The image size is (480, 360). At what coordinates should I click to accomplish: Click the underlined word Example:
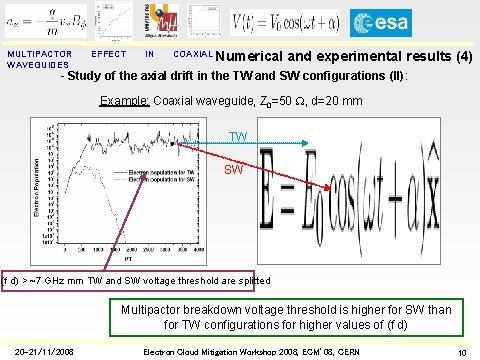(125, 101)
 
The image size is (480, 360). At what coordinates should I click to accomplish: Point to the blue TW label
(238, 136)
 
